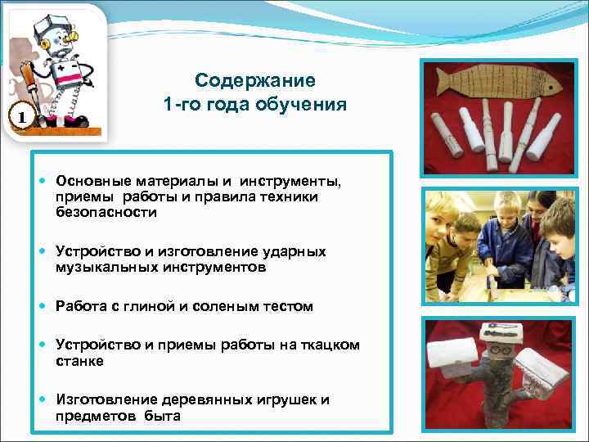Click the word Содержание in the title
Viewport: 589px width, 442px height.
click(x=254, y=81)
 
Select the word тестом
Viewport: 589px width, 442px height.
click(x=286, y=307)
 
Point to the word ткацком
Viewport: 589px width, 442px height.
click(x=330, y=345)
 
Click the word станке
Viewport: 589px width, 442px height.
click(x=79, y=360)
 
